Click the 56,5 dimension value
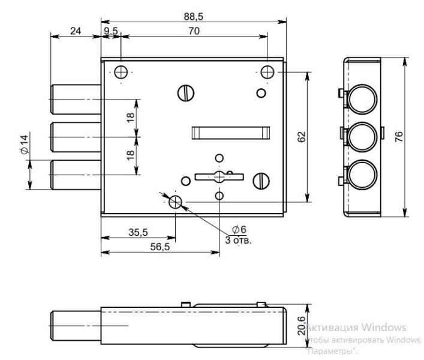point(160,247)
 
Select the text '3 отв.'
point(238,240)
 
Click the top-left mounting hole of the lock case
point(122,72)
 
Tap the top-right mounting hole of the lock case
point(267,72)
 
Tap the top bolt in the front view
point(76,99)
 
